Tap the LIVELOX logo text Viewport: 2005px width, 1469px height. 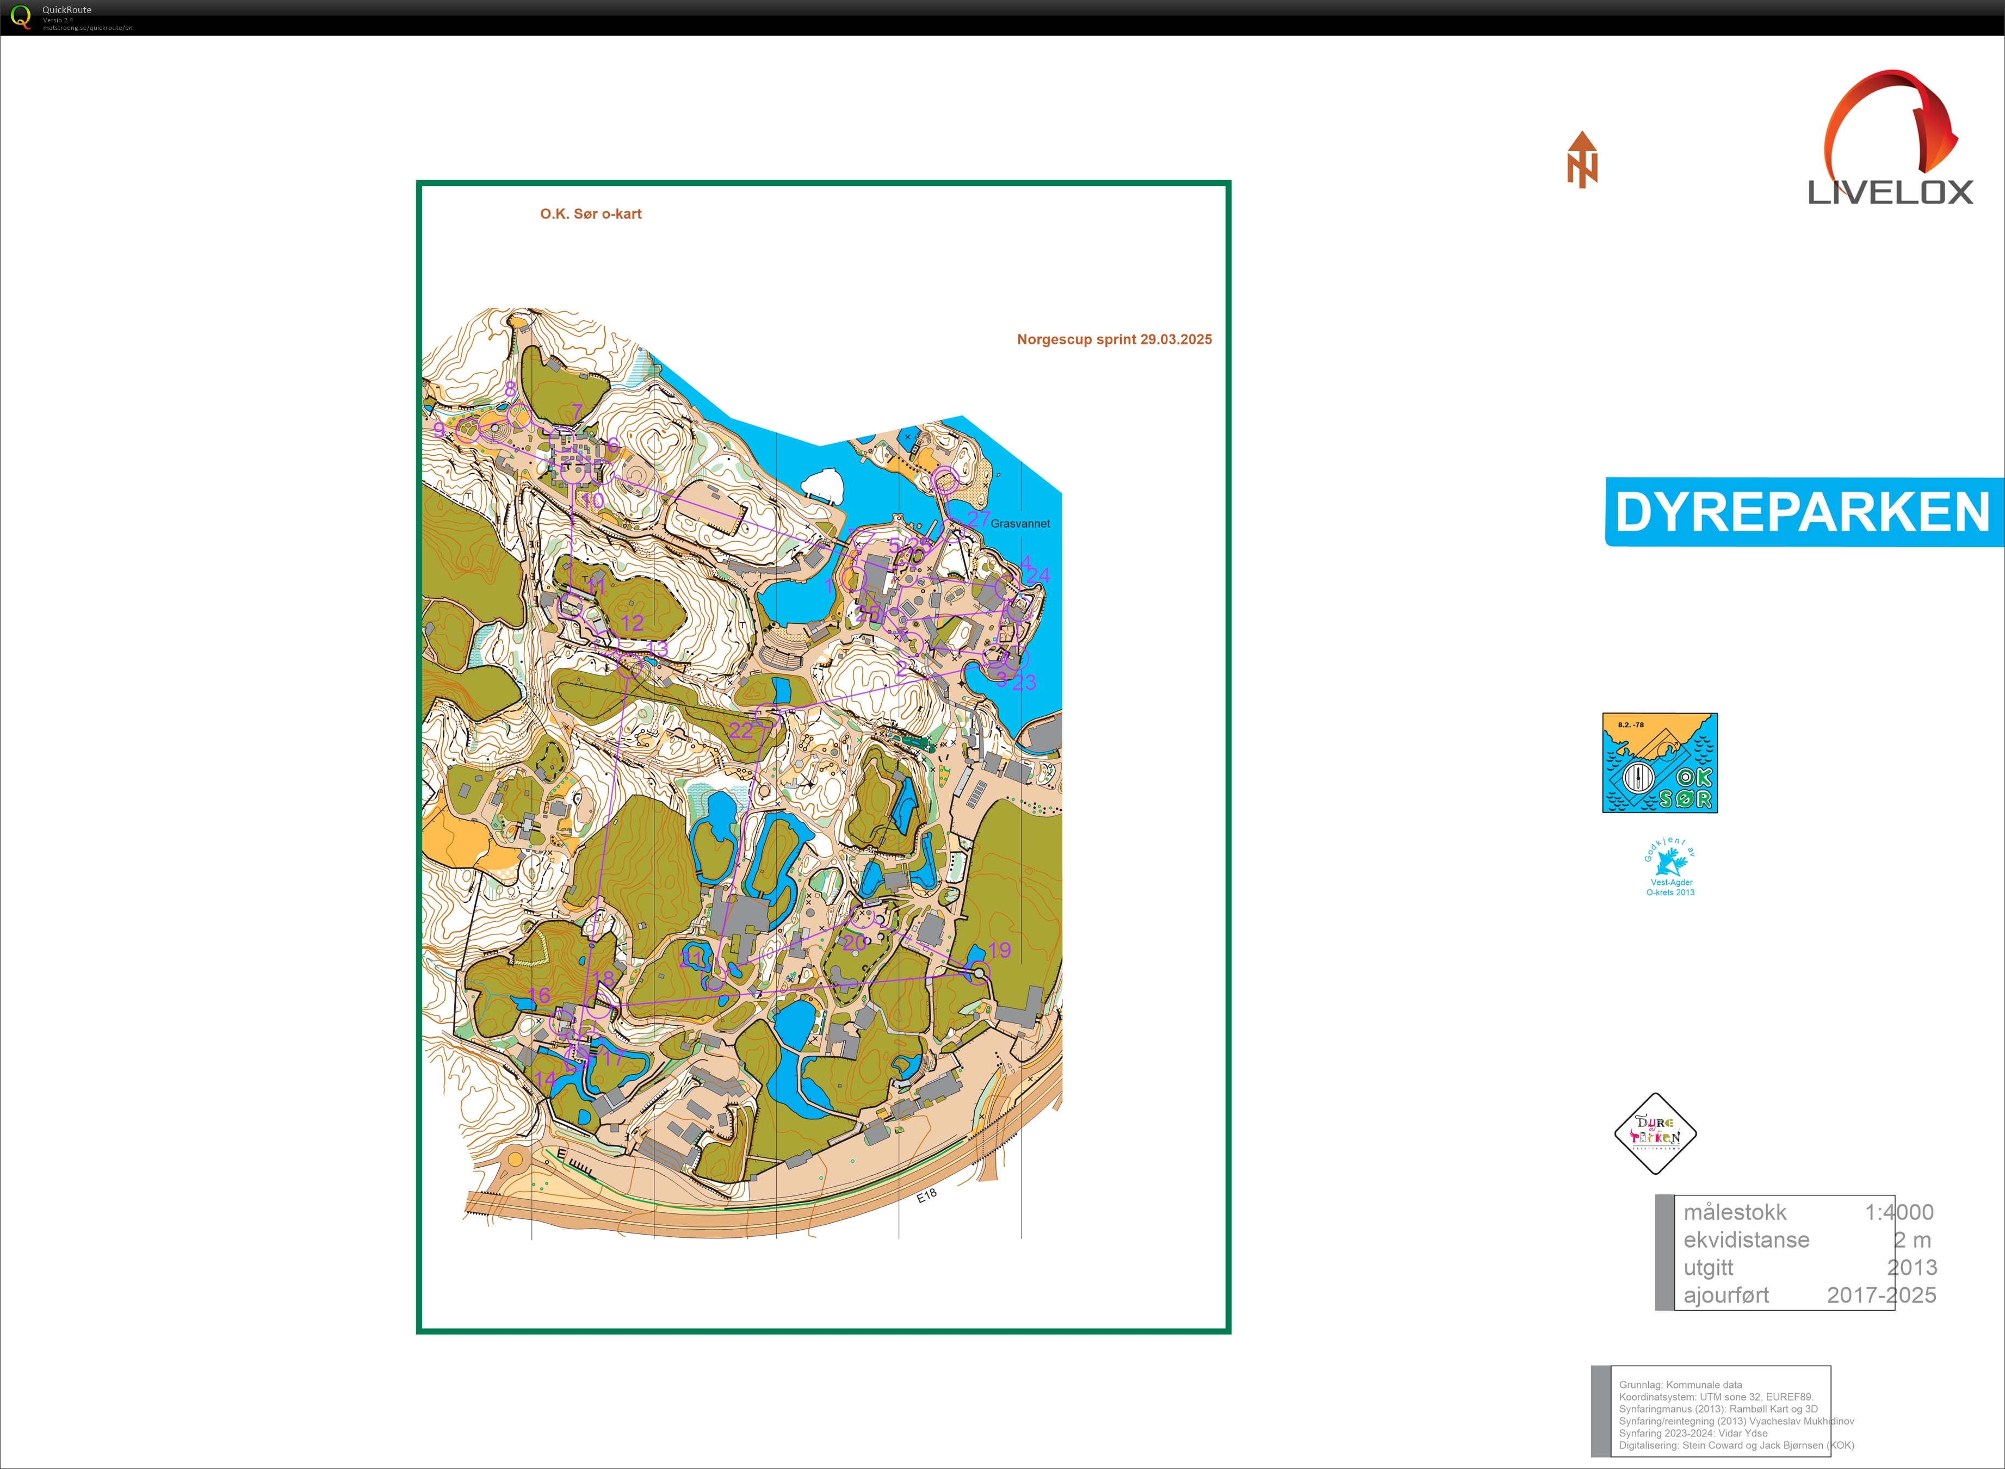pyautogui.click(x=1890, y=192)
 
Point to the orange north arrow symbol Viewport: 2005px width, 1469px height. pyautogui.click(x=1582, y=160)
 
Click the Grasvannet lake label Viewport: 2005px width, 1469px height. pyautogui.click(x=1020, y=524)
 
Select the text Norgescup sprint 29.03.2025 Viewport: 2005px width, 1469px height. pyautogui.click(x=1114, y=340)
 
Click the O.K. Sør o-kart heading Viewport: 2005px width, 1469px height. pyautogui.click(x=590, y=214)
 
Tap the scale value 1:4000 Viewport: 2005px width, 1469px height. pyautogui.click(x=1898, y=1212)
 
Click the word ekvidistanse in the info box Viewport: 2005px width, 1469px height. pyautogui.click(x=1746, y=1239)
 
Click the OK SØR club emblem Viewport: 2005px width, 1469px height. pyautogui.click(x=1659, y=763)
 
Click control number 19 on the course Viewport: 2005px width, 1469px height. pyautogui.click(x=999, y=950)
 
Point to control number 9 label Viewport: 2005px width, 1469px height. pyautogui.click(x=439, y=430)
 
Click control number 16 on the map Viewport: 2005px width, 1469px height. pyautogui.click(x=539, y=995)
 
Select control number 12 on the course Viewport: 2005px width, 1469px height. pyautogui.click(x=632, y=622)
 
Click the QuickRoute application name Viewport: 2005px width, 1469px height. pyautogui.click(x=67, y=10)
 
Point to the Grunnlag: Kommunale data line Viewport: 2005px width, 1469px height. pyautogui.click(x=1680, y=1385)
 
